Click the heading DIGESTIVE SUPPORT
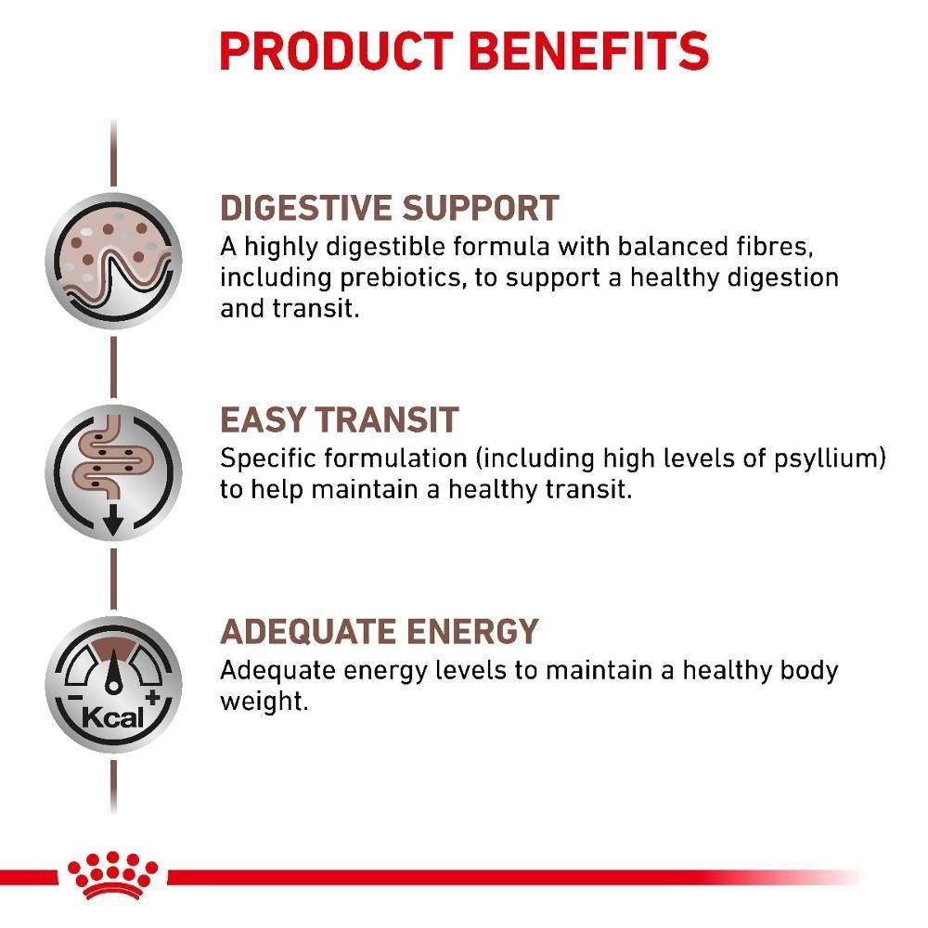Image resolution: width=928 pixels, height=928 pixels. point(390,208)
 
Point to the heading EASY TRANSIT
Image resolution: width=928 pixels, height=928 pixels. point(339,420)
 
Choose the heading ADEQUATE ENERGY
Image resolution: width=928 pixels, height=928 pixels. point(379,632)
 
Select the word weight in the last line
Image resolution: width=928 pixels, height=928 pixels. point(263,702)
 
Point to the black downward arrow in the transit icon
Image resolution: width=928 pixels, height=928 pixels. point(113,522)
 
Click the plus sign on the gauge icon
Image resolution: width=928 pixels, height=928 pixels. point(153,697)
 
